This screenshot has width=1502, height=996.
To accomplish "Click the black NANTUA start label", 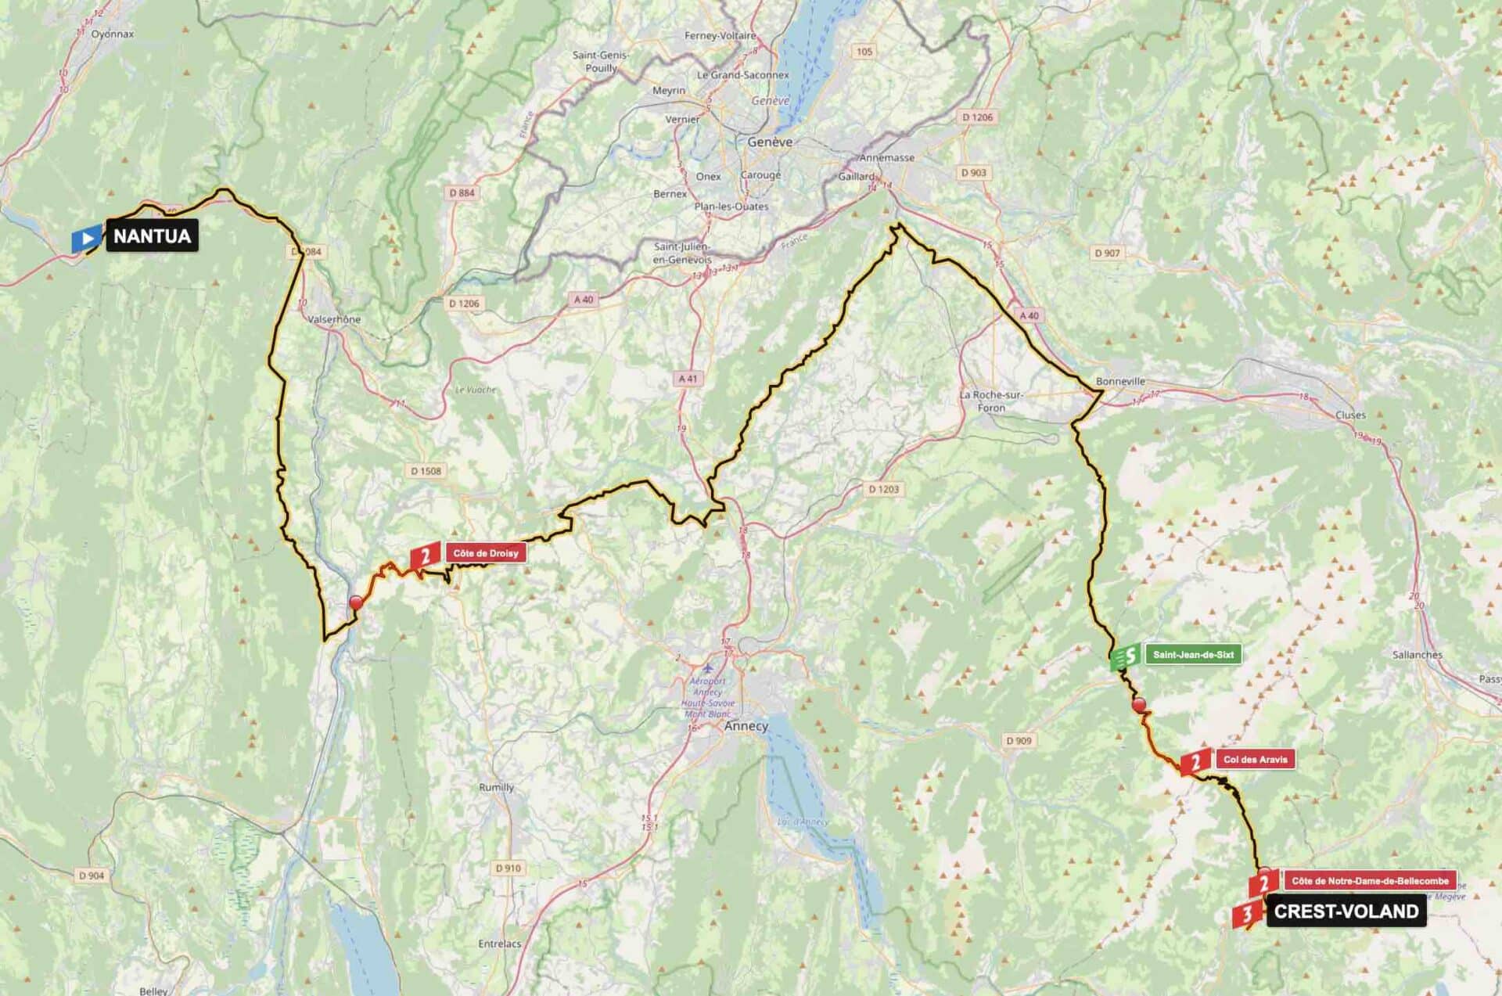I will pyautogui.click(x=152, y=236).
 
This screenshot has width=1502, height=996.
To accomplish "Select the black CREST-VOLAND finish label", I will pyautogui.click(x=1346, y=912).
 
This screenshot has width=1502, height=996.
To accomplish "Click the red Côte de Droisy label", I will pyautogui.click(x=485, y=553).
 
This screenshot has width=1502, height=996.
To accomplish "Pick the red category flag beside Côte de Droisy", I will pyautogui.click(x=425, y=556).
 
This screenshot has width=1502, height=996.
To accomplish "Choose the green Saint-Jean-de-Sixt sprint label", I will pyautogui.click(x=1193, y=655).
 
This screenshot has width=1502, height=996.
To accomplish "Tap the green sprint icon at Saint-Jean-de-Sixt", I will pyautogui.click(x=1126, y=656).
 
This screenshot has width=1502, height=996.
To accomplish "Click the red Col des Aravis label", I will pyautogui.click(x=1255, y=759).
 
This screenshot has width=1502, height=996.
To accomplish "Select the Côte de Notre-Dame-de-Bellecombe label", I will pyautogui.click(x=1370, y=881).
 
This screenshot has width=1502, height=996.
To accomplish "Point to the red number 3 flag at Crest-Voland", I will pyautogui.click(x=1246, y=914).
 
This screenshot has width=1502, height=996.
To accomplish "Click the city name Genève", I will pyautogui.click(x=770, y=142).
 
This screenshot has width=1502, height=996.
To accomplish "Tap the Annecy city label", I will pyautogui.click(x=746, y=726).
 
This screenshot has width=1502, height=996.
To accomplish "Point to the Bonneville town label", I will pyautogui.click(x=1120, y=381).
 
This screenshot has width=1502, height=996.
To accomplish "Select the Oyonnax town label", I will pyautogui.click(x=113, y=34).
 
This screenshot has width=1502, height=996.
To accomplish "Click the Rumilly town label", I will pyautogui.click(x=496, y=787).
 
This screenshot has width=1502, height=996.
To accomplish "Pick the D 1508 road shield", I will pyautogui.click(x=426, y=471).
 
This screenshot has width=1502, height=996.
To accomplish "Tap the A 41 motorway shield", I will pyautogui.click(x=688, y=379).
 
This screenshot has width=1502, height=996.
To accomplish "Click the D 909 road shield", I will pyautogui.click(x=1019, y=740).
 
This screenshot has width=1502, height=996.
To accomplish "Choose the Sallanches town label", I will pyautogui.click(x=1417, y=655).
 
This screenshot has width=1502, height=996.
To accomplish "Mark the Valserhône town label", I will pyautogui.click(x=334, y=319).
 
